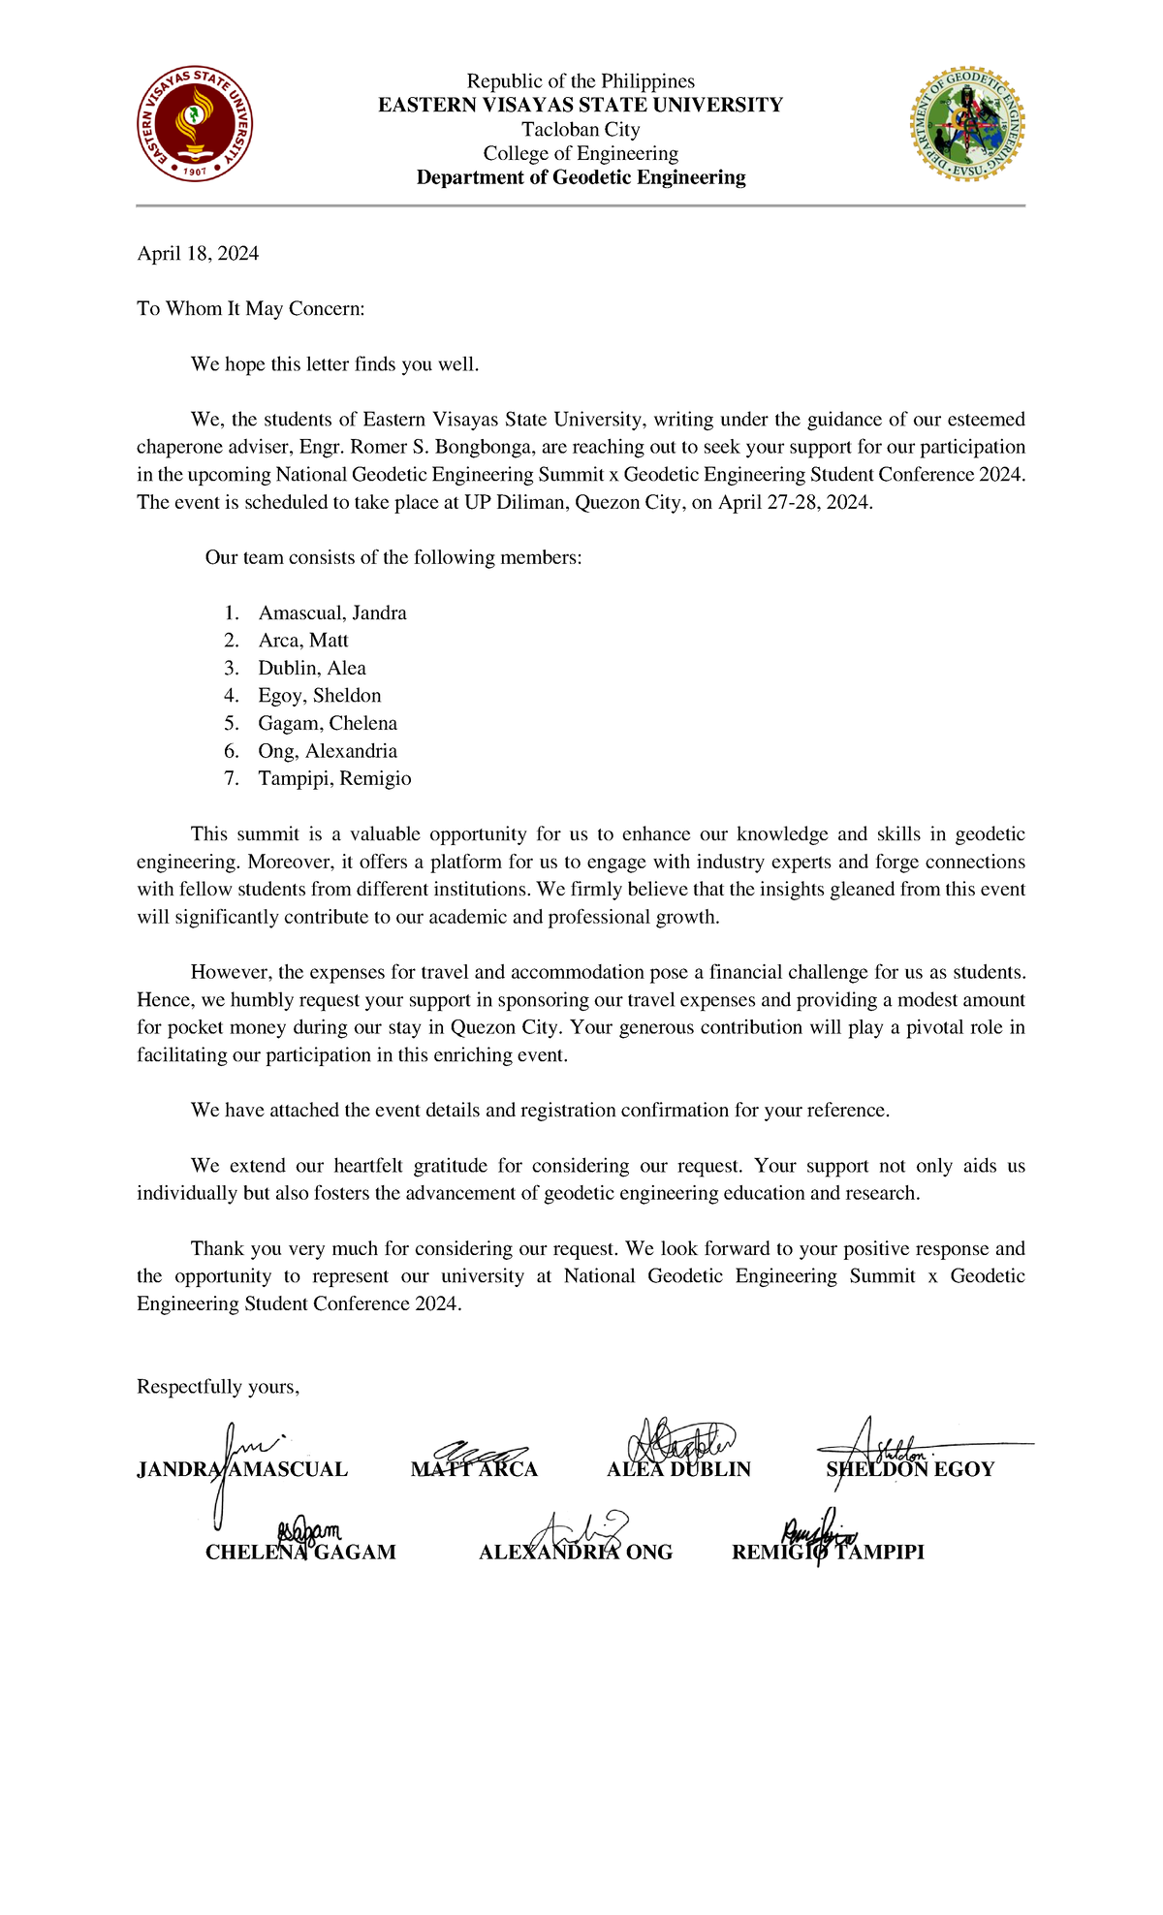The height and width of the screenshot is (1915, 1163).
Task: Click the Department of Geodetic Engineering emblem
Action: (x=967, y=125)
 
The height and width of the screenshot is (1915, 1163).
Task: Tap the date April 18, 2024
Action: (x=198, y=254)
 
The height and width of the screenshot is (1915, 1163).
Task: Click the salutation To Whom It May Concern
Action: (x=251, y=309)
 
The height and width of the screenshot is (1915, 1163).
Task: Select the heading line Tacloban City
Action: (x=581, y=130)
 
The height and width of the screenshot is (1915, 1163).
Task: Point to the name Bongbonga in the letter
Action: (x=484, y=447)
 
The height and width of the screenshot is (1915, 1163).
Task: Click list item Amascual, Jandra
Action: (x=331, y=613)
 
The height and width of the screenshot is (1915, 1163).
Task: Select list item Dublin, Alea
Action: (x=311, y=669)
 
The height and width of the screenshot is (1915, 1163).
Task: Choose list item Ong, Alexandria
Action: (x=327, y=751)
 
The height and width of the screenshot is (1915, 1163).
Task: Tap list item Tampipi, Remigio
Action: (x=334, y=779)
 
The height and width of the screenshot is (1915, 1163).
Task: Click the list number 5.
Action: (x=231, y=724)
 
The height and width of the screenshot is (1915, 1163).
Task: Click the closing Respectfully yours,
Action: (x=218, y=1387)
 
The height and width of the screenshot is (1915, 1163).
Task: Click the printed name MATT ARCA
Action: (x=474, y=1470)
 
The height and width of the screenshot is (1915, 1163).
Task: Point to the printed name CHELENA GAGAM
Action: (x=300, y=1553)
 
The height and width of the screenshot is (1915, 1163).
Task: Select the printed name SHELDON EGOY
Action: (x=910, y=1470)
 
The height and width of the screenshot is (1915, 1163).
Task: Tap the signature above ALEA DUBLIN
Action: (x=681, y=1441)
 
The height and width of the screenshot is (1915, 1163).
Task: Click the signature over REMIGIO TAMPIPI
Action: (x=819, y=1533)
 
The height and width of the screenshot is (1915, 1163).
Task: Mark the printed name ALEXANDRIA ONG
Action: (x=576, y=1553)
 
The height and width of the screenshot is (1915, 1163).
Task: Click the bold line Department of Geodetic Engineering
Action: (x=581, y=177)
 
